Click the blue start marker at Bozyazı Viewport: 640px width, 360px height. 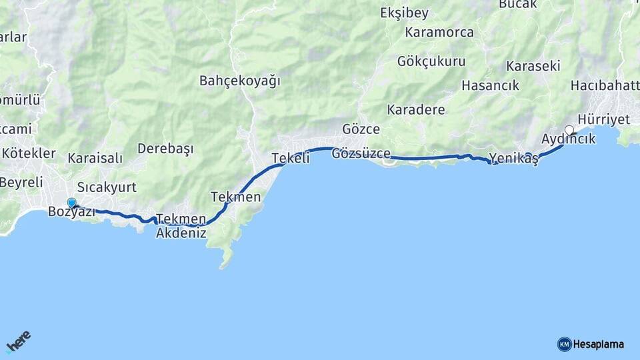pyautogui.click(x=71, y=203)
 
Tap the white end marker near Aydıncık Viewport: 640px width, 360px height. pyautogui.click(x=569, y=129)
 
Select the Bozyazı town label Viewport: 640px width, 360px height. pyautogui.click(x=71, y=213)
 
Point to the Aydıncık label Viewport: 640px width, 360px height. pyautogui.click(x=569, y=139)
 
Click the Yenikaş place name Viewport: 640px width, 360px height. pyautogui.click(x=513, y=159)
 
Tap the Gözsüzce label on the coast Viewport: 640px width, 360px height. pyautogui.click(x=361, y=153)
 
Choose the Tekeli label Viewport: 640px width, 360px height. pyautogui.click(x=291, y=158)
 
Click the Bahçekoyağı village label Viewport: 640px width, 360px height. pyautogui.click(x=240, y=81)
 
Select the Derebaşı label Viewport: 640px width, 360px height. pyautogui.click(x=165, y=148)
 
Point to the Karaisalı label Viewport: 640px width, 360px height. pyautogui.click(x=95, y=158)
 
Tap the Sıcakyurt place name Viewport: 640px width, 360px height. pyautogui.click(x=107, y=187)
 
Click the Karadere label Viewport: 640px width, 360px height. pyautogui.click(x=416, y=109)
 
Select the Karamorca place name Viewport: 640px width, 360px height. pyautogui.click(x=439, y=32)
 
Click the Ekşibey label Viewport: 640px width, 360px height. pyautogui.click(x=405, y=13)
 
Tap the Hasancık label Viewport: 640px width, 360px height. pyautogui.click(x=490, y=85)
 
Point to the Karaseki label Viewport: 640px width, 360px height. pyautogui.click(x=533, y=66)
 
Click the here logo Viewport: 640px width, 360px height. pyautogui.click(x=18, y=341)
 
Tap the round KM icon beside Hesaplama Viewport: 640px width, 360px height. pyautogui.click(x=564, y=344)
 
